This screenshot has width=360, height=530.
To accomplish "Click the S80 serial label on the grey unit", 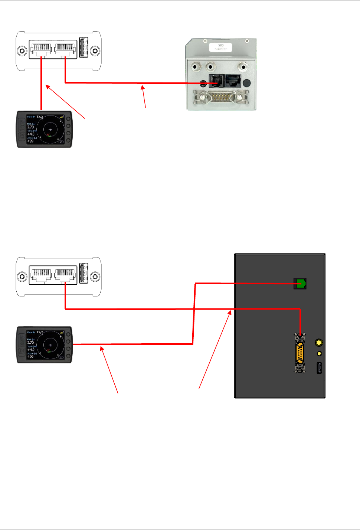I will pos(220,47).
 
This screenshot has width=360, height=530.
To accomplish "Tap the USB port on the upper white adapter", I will pos(84,48).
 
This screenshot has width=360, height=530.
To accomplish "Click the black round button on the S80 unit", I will pos(246,84).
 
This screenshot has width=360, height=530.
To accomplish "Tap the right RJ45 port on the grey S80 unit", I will pos(233,81).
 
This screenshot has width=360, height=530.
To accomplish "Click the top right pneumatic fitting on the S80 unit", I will pos(243,67).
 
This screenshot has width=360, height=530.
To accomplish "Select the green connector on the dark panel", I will pos(300,284).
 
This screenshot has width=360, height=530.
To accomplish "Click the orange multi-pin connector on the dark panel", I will pos(300,353).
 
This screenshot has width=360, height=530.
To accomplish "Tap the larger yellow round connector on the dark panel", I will pos(318,342).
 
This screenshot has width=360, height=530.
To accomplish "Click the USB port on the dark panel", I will pos(319,368).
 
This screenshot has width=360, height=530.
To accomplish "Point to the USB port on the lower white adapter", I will pos(84,273).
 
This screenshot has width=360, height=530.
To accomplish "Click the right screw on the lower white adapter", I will pos(95,277).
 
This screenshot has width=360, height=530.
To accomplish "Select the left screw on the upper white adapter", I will pos(22,51).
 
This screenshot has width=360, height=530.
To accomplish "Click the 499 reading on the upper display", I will pos(30,141).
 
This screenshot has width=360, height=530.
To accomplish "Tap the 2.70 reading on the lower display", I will pos(30,343).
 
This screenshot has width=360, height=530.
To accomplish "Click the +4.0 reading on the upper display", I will pos(31,134).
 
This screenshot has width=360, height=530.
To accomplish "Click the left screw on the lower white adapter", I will pos(22,277).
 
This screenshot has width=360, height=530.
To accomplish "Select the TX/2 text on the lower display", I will pos(39,333).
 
